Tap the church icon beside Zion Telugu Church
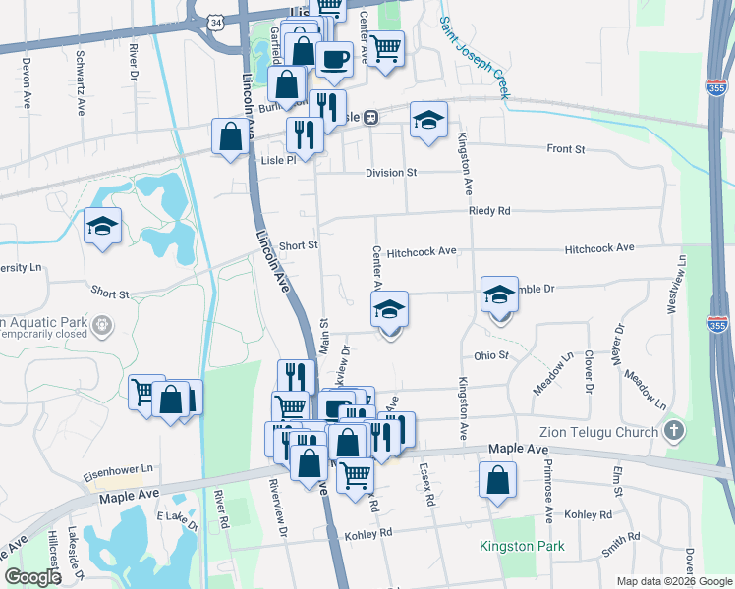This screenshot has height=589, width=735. click(673, 430)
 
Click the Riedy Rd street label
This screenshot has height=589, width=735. click(489, 211)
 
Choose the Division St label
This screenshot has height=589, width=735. click(390, 173)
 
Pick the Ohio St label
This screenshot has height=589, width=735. click(489, 356)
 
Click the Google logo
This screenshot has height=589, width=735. click(32, 577)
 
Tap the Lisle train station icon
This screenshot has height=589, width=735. click(370, 118)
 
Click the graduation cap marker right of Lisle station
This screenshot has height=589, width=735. click(428, 120)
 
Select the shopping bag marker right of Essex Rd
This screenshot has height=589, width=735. click(498, 481)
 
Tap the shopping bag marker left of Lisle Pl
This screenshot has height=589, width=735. click(230, 136)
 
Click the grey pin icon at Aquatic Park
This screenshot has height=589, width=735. click(99, 323)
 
